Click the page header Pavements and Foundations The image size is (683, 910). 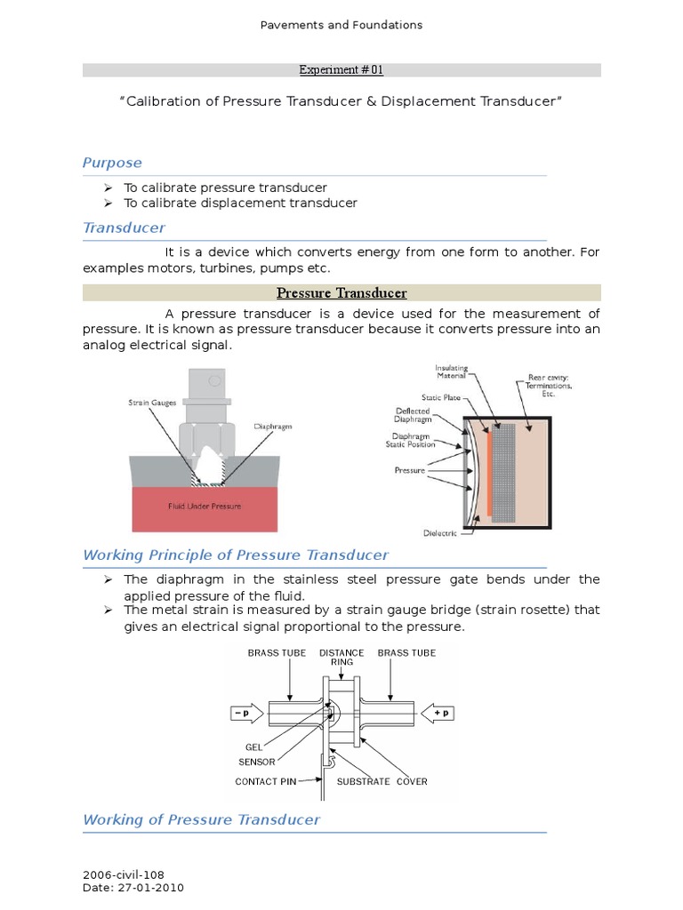[341, 25]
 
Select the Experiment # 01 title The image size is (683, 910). [341, 70]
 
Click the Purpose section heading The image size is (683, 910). [112, 163]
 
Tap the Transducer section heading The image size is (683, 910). [124, 227]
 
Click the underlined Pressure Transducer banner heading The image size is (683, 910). [341, 292]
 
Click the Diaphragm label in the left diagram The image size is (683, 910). [274, 427]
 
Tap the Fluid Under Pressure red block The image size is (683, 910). [205, 507]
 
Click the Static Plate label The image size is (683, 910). [441, 397]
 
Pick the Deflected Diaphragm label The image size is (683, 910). [413, 416]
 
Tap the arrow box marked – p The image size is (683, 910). [243, 714]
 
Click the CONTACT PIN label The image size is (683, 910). [265, 782]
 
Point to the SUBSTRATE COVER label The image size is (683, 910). [382, 782]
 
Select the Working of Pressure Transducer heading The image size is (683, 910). [201, 819]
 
